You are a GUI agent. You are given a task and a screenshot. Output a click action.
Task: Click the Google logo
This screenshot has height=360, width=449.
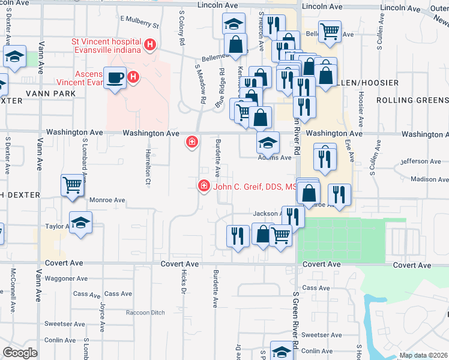pyautogui.click(x=20, y=353)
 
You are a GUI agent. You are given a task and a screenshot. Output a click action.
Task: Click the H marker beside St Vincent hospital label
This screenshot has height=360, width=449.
pyautogui.click(x=150, y=44)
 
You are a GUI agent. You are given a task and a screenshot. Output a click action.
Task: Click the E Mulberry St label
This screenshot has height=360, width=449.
pyautogui.click(x=139, y=23)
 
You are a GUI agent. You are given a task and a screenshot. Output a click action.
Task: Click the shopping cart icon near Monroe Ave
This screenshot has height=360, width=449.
pyautogui.click(x=72, y=185)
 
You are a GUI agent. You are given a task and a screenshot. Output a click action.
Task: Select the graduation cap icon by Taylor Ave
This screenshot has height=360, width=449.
pyautogui.click(x=80, y=223)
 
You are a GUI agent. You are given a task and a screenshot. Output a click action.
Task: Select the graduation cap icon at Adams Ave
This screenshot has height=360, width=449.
pyautogui.click(x=268, y=143)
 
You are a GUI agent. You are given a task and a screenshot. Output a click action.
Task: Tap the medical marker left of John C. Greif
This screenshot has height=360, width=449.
pyautogui.click(x=203, y=187)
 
